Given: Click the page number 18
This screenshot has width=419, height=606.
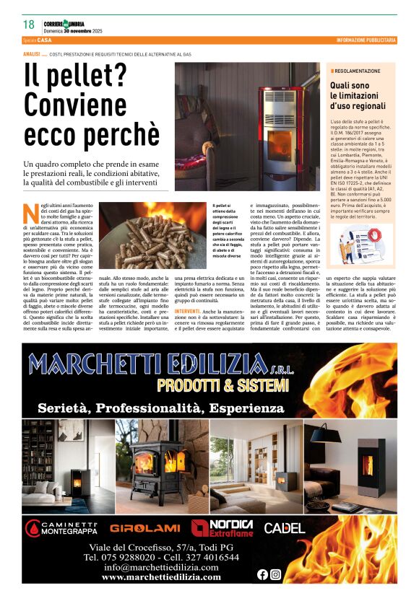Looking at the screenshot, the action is (x=28, y=25).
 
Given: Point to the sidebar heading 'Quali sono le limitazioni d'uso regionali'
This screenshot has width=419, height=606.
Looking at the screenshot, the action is (x=360, y=96).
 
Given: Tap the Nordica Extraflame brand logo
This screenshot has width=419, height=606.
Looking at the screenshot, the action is (x=223, y=528).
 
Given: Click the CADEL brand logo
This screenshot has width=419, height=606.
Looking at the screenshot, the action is (x=284, y=528).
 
